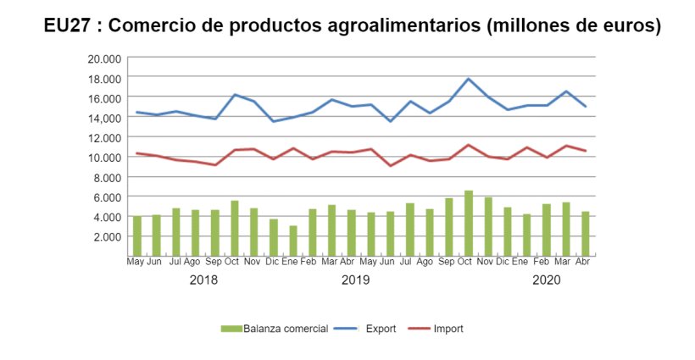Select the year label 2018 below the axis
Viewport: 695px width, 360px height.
pyautogui.click(x=203, y=280)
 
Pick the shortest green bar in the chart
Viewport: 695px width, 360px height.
pyautogui.click(x=293, y=241)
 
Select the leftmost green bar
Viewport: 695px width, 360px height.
pyautogui.click(x=136, y=235)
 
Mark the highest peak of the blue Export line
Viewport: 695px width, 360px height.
pyautogui.click(x=469, y=79)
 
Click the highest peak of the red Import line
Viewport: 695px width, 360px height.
pyautogui.click(x=469, y=145)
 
